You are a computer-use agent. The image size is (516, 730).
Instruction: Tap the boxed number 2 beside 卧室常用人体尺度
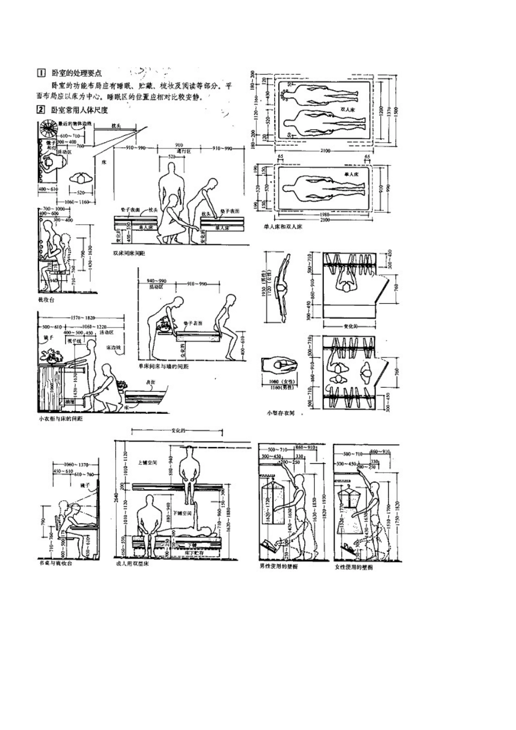pyautogui.click(x=40, y=109)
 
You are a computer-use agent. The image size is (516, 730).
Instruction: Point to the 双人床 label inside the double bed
pyautogui.click(x=348, y=109)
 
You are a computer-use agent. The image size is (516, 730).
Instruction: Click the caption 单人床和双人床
pyautogui.click(x=283, y=226)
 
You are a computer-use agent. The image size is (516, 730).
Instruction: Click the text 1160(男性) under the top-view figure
pyautogui.click(x=280, y=388)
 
